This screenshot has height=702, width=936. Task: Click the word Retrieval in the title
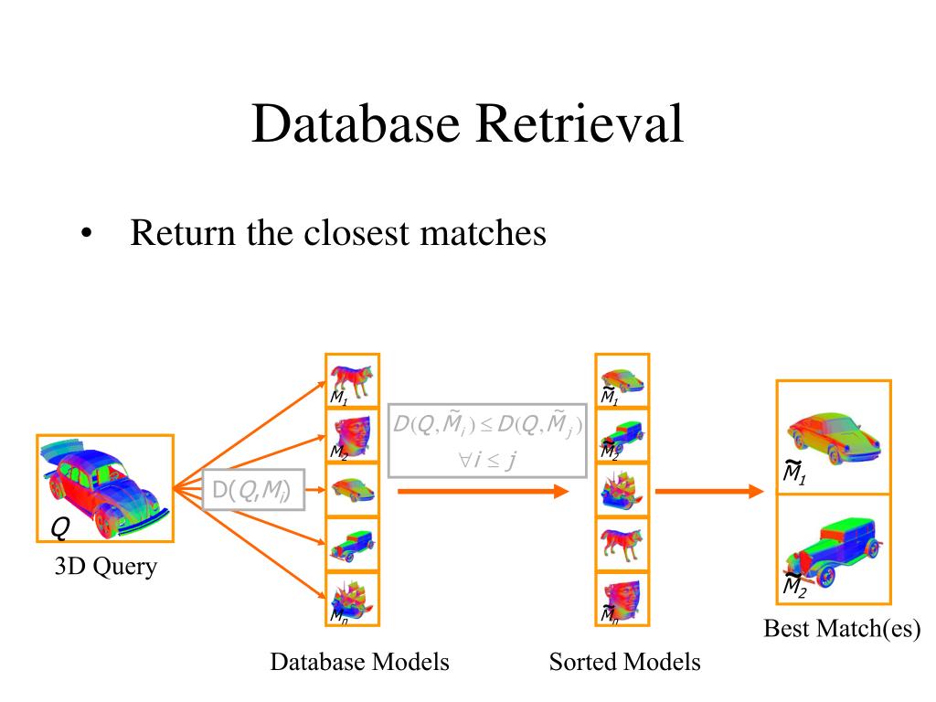[579, 124]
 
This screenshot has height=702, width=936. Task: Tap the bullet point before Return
[86, 235]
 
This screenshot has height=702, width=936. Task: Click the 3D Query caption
[104, 567]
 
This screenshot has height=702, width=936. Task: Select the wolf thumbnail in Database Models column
[353, 380]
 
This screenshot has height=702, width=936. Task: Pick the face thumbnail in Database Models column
[353, 435]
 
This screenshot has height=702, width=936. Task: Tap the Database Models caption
[359, 662]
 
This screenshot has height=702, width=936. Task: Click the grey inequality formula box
[486, 439]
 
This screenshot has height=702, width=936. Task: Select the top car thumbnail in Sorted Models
[622, 380]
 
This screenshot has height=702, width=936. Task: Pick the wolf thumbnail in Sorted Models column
[622, 545]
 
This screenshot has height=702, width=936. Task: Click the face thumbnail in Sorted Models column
[622, 599]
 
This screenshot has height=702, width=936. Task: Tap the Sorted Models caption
[624, 662]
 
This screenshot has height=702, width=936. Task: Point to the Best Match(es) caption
[841, 629]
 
